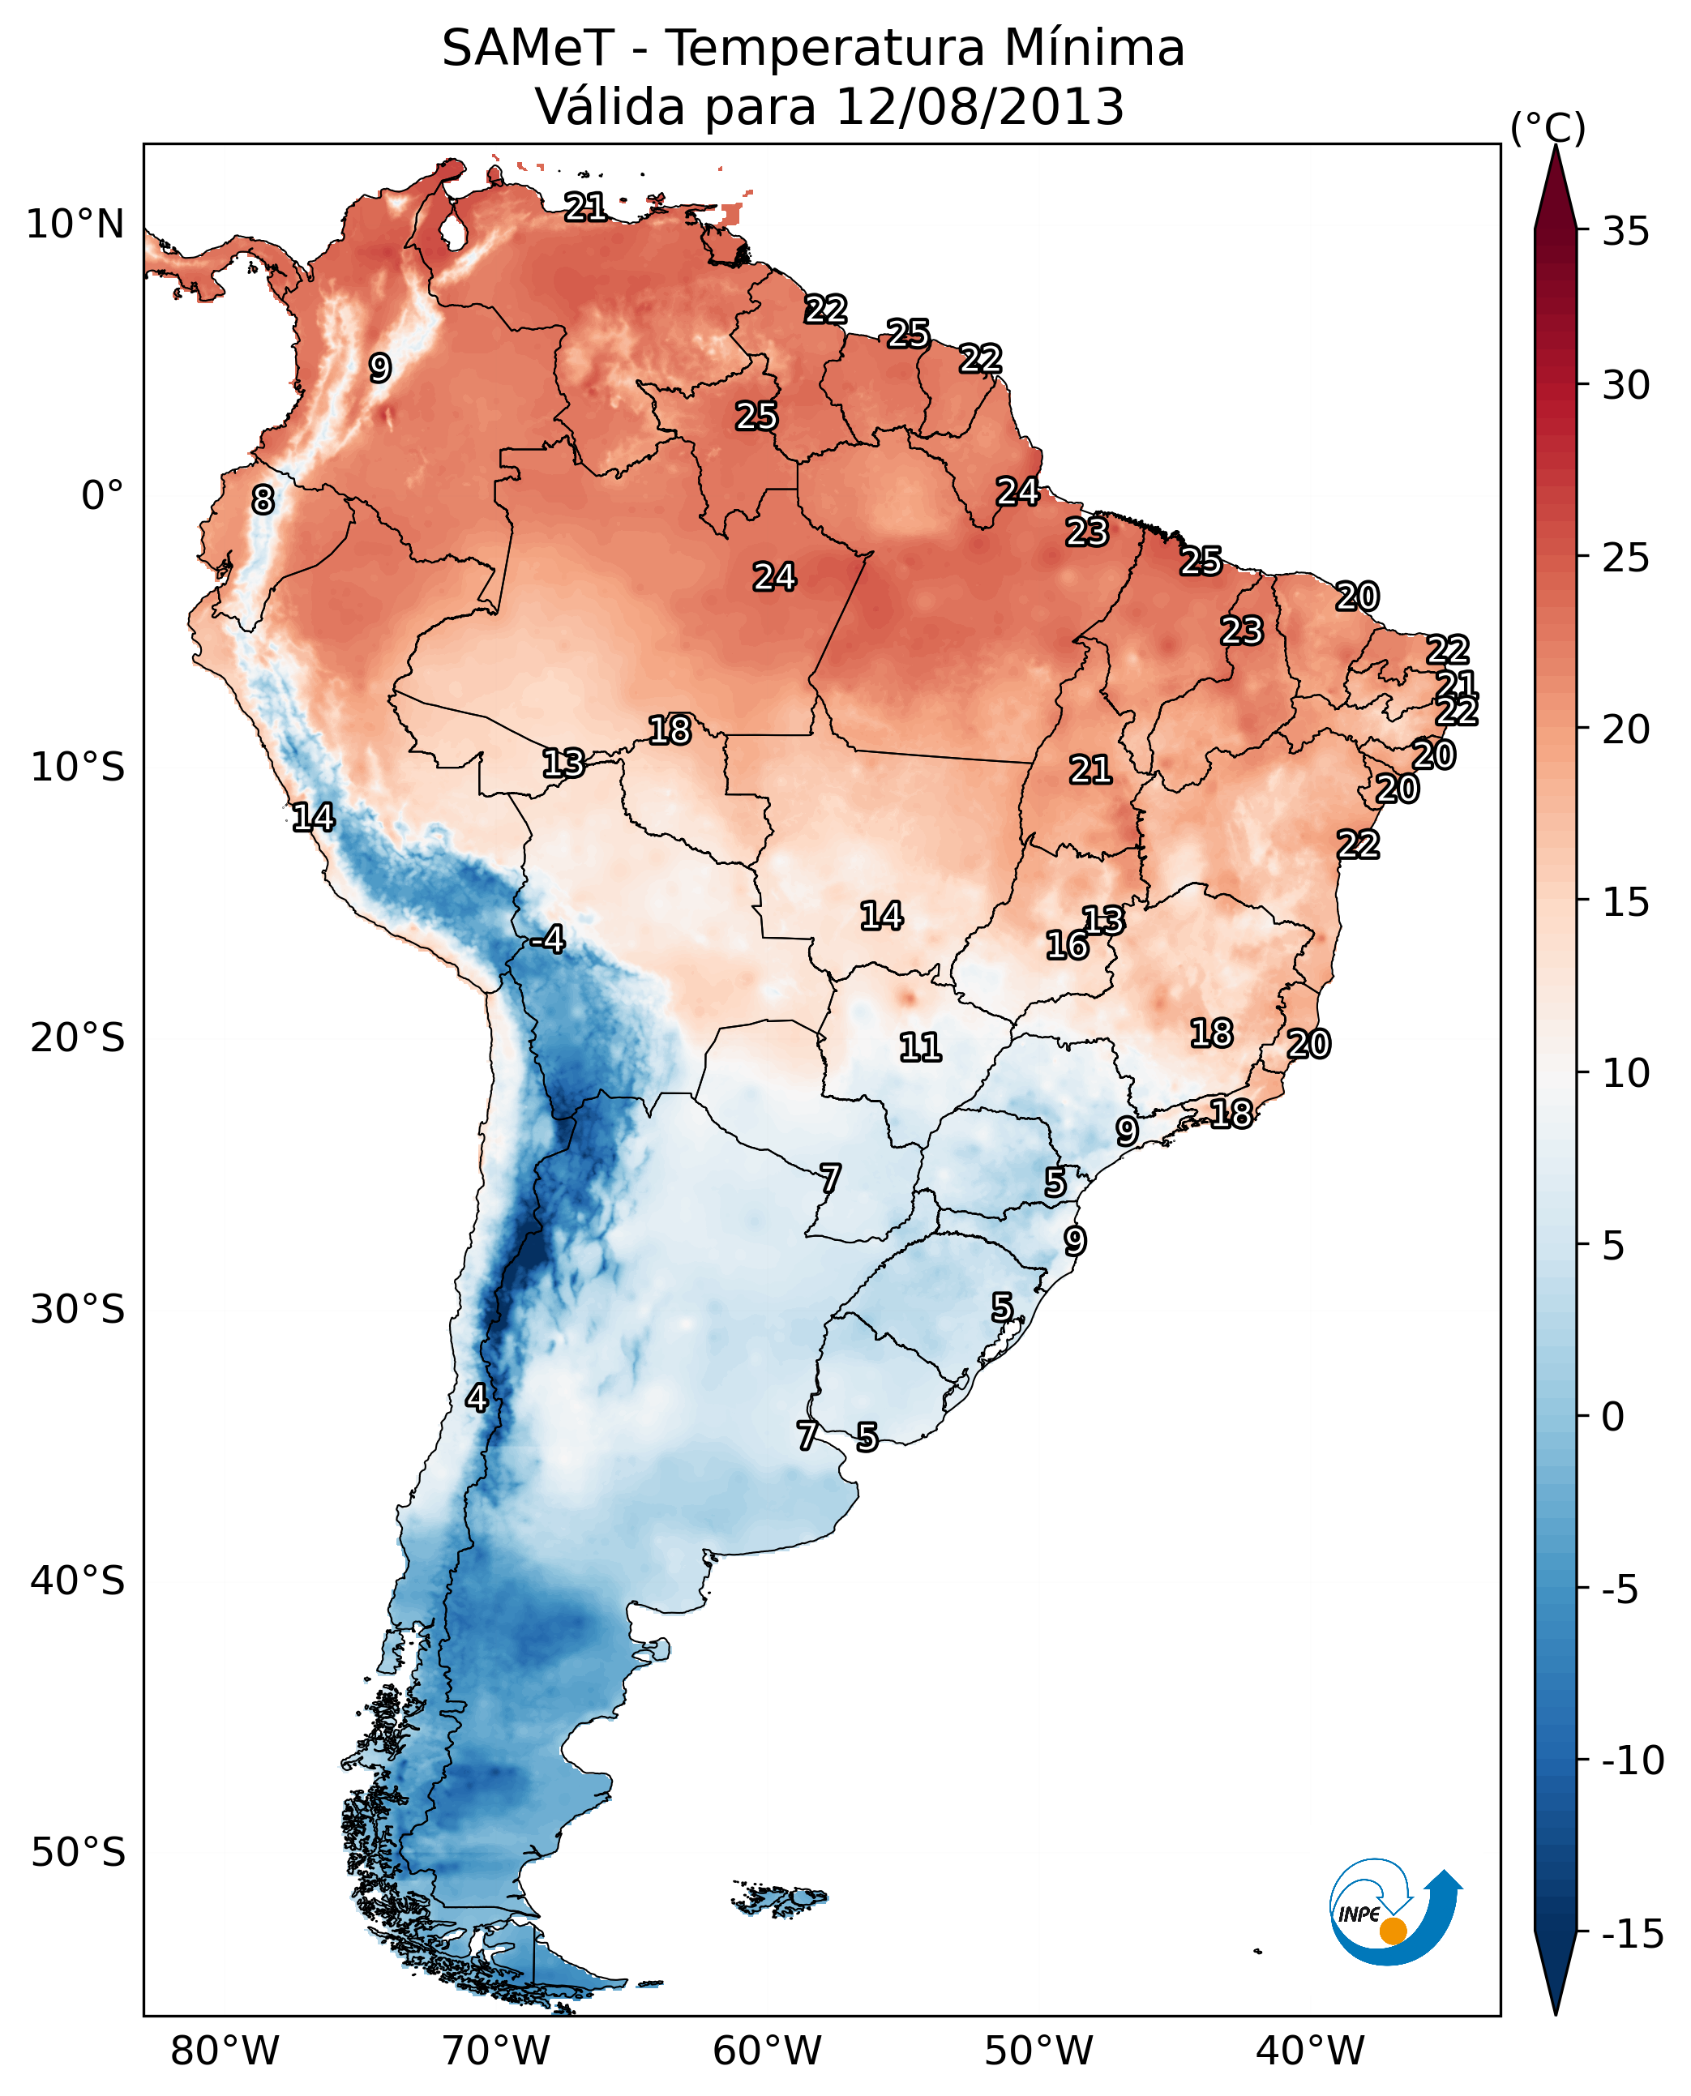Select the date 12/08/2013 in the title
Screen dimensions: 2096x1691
pyautogui.click(x=980, y=107)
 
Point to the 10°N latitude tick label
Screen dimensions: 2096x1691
pyautogui.click(x=75, y=225)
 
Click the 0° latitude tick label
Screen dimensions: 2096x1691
pyautogui.click(x=102, y=496)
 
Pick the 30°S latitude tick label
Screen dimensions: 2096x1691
pyautogui.click(x=78, y=1310)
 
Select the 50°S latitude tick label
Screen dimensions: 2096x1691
pyautogui.click(x=78, y=1853)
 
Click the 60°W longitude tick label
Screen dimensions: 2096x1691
pyautogui.click(x=767, y=2051)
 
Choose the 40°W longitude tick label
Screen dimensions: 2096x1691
pyautogui.click(x=1309, y=2051)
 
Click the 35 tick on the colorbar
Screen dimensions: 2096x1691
pyautogui.click(x=1625, y=232)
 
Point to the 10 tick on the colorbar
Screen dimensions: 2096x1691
pyautogui.click(x=1625, y=1073)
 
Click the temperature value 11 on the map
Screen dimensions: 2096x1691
pyautogui.click(x=919, y=1048)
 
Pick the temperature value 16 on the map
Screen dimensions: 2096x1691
pyautogui.click(x=1067, y=945)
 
